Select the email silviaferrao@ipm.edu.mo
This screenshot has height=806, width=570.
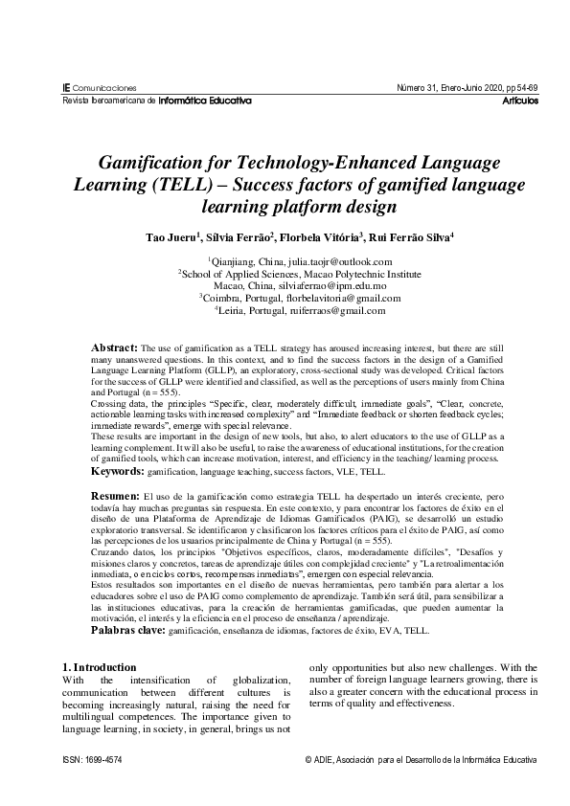click(326, 285)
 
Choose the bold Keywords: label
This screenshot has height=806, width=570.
click(119, 473)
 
